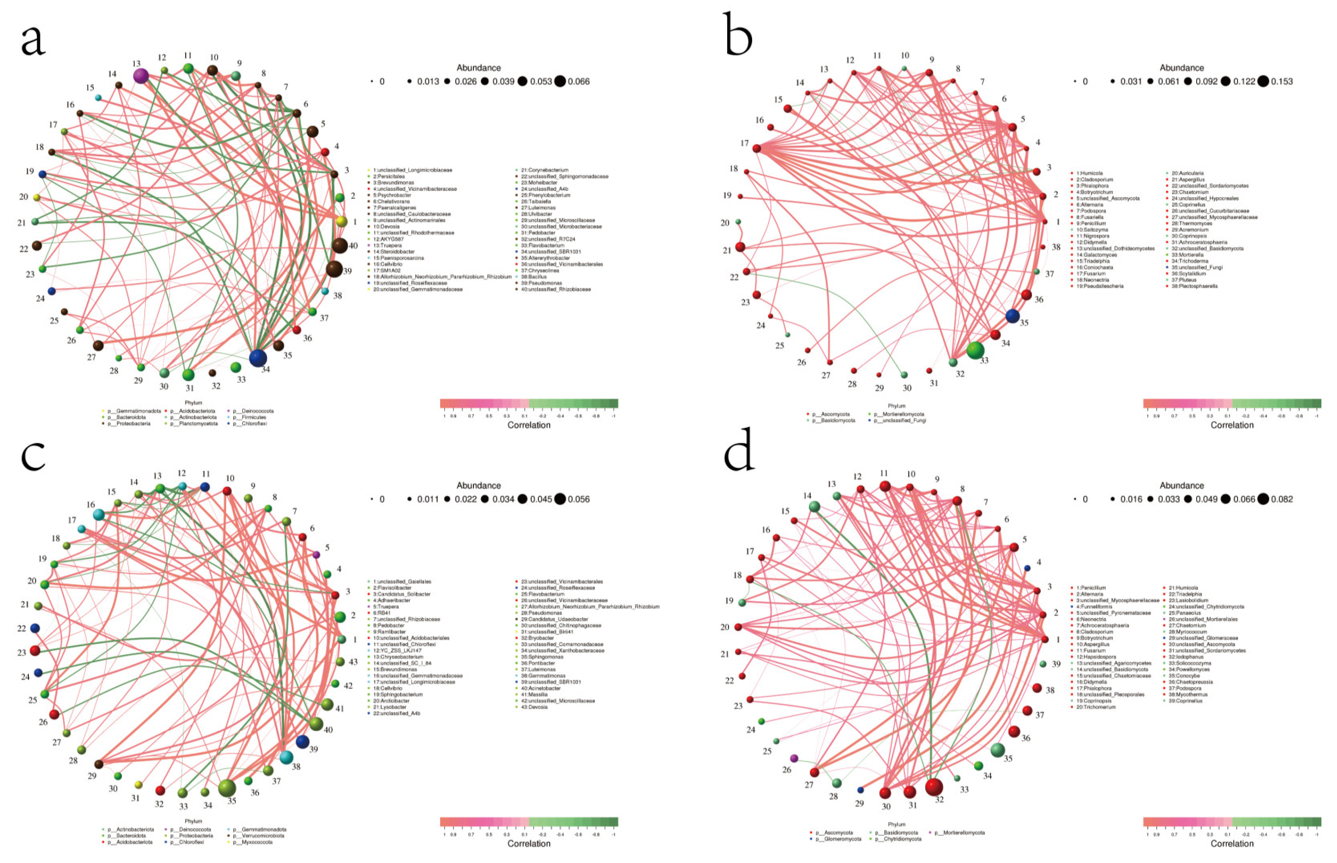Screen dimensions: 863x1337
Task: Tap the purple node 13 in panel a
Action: click(x=141, y=76)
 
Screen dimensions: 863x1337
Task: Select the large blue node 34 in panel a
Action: click(x=257, y=358)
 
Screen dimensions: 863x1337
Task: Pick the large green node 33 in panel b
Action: click(x=975, y=350)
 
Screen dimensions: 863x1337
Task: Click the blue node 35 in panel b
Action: click(x=1012, y=316)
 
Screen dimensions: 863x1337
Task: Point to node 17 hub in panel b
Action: click(x=756, y=148)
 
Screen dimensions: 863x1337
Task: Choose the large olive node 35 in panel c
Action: click(x=227, y=788)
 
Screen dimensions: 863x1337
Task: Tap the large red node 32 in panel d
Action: click(x=934, y=787)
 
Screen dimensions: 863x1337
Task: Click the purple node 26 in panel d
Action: click(x=793, y=758)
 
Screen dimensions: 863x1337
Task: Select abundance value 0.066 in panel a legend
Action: click(x=579, y=82)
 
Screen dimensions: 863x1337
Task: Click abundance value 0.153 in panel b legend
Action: click(x=1282, y=82)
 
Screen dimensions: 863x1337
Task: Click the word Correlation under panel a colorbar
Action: click(x=528, y=425)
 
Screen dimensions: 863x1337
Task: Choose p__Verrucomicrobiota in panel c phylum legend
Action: click(x=259, y=835)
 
